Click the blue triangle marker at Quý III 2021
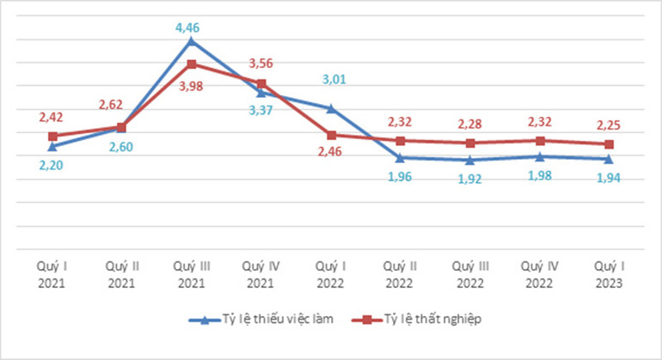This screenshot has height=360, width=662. [191, 40]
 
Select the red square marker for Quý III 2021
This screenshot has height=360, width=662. [191, 64]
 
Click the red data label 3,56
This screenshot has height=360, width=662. [261, 63]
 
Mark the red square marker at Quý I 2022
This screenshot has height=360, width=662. [331, 135]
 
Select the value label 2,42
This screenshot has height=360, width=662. [52, 117]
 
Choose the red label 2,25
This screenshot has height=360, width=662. [610, 125]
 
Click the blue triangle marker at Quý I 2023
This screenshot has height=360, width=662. [610, 159]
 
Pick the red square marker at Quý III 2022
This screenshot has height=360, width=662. [470, 143]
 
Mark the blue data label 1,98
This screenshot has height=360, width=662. [540, 176]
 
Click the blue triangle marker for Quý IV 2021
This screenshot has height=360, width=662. [261, 92]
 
